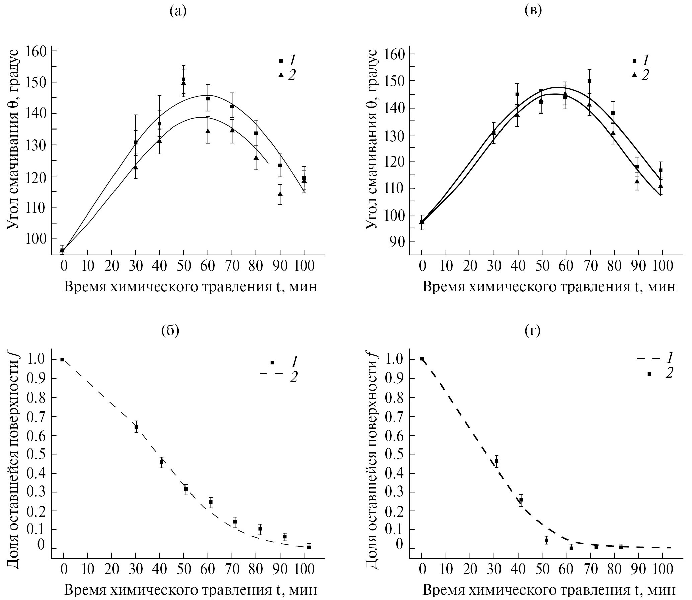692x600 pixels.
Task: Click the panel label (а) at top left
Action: tap(178, 12)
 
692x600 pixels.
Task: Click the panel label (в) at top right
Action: tap(533, 12)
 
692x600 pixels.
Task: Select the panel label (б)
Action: tap(170, 331)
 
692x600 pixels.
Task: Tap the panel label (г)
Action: tap(532, 331)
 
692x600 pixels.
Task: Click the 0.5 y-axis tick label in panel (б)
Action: tap(37, 454)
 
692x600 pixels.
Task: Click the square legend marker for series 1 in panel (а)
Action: tap(281, 61)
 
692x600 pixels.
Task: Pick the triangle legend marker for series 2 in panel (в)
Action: tap(634, 75)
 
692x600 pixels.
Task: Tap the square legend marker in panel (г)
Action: tap(649, 374)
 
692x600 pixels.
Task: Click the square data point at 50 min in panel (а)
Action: tap(183, 79)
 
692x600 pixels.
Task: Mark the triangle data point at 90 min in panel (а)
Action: tap(280, 194)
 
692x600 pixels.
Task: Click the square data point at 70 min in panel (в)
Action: tap(589, 81)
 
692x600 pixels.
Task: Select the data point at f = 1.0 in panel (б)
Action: tap(62, 360)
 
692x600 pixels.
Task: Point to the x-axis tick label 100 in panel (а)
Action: tap(304, 266)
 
